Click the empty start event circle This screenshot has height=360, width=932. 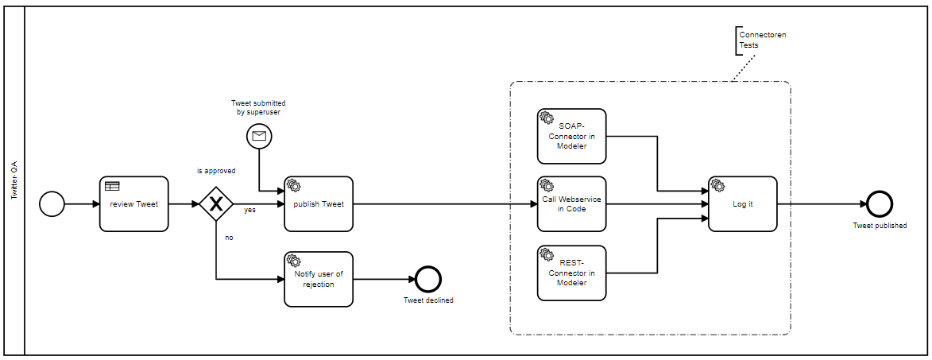point(52,204)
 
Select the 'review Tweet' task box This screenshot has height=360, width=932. point(134,204)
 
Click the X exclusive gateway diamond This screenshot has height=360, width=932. point(215,204)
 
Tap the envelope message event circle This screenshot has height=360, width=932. point(259,136)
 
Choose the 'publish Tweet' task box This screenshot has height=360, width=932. point(319,204)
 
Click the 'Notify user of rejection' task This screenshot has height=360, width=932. point(319,279)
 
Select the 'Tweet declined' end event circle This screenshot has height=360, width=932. point(428,279)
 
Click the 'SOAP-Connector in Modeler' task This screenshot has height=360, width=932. point(571,136)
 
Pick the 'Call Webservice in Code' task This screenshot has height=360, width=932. point(571,204)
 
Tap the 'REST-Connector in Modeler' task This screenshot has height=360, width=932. point(571,273)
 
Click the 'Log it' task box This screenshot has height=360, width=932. point(742,204)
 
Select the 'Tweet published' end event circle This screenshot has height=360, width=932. point(880,204)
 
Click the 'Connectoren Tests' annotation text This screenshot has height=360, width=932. point(757,41)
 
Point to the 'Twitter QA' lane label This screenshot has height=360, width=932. point(14,180)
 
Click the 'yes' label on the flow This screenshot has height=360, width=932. point(249,211)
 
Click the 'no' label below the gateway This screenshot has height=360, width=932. point(229,237)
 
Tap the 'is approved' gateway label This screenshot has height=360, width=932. point(216,171)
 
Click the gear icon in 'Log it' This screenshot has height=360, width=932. point(717,185)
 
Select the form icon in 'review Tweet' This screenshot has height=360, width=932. point(112,186)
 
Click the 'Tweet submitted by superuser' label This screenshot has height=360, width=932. point(258,108)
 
